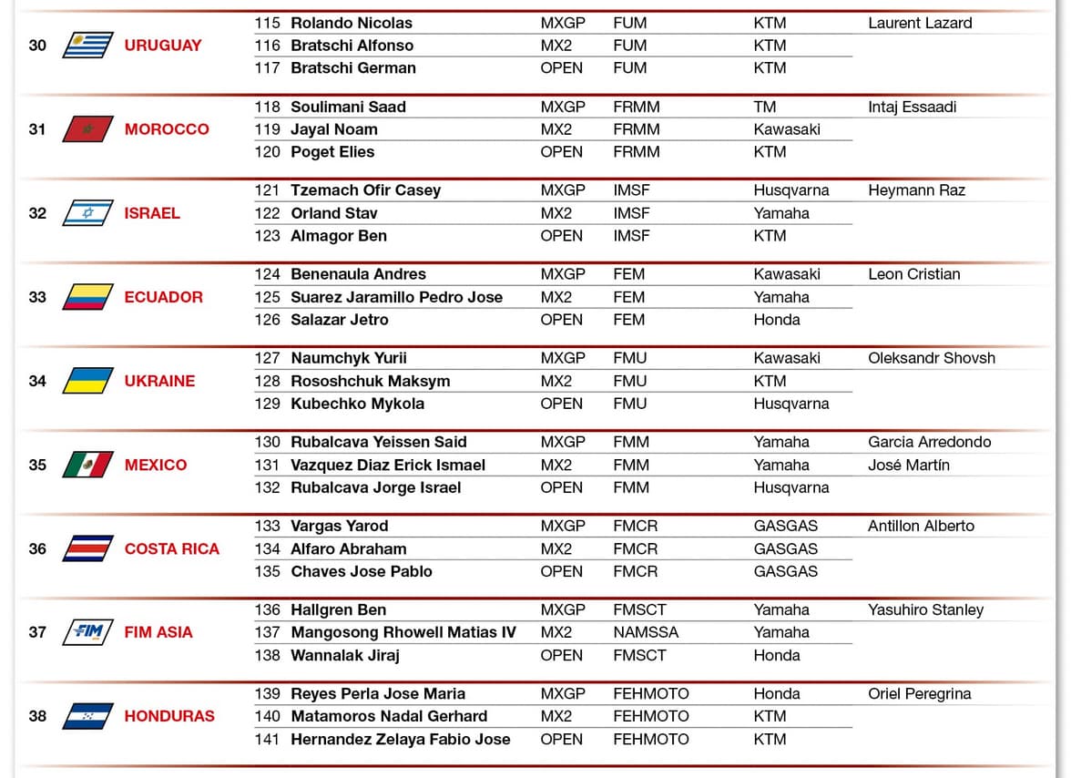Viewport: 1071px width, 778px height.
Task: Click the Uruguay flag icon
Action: pos(87,45)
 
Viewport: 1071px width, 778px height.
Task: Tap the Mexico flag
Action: pos(87,465)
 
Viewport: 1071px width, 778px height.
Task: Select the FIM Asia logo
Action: pos(87,632)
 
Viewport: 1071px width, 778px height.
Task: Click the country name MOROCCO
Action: pos(167,129)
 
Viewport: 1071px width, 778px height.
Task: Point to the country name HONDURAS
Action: pos(169,716)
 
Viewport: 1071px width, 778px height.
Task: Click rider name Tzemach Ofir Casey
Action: pos(365,190)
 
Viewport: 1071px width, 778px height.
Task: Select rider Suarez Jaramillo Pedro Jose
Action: pos(396,297)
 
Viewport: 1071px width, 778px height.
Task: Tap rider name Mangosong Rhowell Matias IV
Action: pos(403,632)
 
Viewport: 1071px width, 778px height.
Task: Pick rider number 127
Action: pos(268,358)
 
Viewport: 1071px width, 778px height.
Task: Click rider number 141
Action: pos(268,739)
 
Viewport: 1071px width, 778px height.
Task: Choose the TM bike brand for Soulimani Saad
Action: pos(764,107)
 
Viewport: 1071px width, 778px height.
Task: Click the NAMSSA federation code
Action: pos(646,632)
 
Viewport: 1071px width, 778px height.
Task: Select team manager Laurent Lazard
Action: pos(920,23)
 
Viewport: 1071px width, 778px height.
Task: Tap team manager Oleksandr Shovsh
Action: pos(932,358)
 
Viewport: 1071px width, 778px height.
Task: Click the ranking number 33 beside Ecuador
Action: pos(37,297)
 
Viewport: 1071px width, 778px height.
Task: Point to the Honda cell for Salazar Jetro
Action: pos(777,320)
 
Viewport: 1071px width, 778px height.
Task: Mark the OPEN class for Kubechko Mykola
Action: pos(561,404)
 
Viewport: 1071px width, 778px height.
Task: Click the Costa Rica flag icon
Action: pos(87,548)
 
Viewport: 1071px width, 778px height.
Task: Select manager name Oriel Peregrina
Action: pos(919,693)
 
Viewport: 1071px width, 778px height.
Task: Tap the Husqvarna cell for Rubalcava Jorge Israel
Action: pos(790,487)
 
